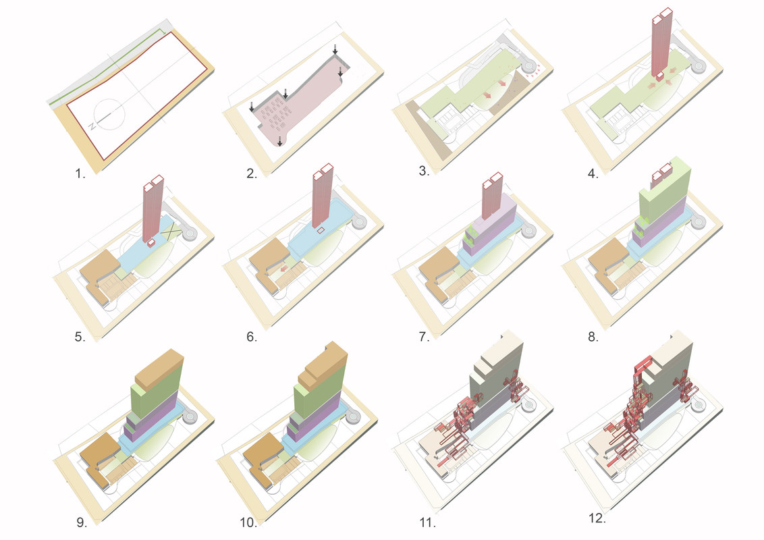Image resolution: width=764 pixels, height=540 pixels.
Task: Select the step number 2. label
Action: [252, 173]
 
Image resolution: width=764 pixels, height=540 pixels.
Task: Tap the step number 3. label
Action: [425, 170]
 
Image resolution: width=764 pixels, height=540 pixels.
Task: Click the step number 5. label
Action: [80, 337]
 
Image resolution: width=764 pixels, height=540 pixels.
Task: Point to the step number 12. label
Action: [596, 518]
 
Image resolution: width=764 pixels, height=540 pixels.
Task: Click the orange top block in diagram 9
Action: [159, 368]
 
